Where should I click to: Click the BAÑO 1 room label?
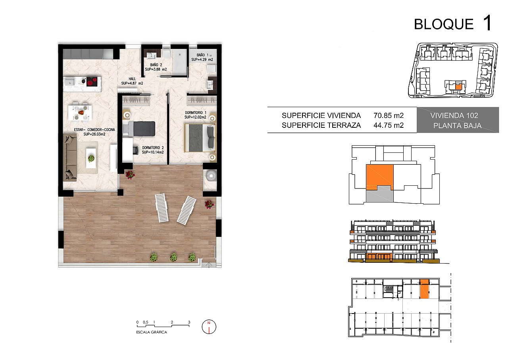click(x=202, y=55)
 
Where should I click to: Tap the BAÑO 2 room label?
click(x=156, y=65)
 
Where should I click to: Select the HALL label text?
click(x=132, y=79)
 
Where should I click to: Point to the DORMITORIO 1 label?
click(x=196, y=113)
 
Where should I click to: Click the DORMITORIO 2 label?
click(x=153, y=148)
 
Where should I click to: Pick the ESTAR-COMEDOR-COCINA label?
click(x=94, y=130)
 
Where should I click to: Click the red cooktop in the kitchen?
click(x=92, y=81)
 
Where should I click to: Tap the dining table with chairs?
click(x=80, y=112)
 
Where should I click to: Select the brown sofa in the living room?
click(x=70, y=157)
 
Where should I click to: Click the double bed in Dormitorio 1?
click(x=200, y=138)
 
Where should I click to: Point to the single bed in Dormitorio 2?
click(x=139, y=129)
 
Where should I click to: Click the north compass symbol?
click(x=209, y=327)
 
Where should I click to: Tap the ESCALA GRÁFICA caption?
click(x=152, y=332)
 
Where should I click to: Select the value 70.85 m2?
click(x=389, y=116)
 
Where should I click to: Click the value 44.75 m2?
click(x=389, y=125)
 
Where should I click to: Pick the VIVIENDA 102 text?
click(x=454, y=116)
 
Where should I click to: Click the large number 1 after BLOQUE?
click(x=488, y=23)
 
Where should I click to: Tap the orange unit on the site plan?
click(x=458, y=87)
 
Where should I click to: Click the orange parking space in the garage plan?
click(x=424, y=289)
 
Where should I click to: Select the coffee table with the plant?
click(x=91, y=158)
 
